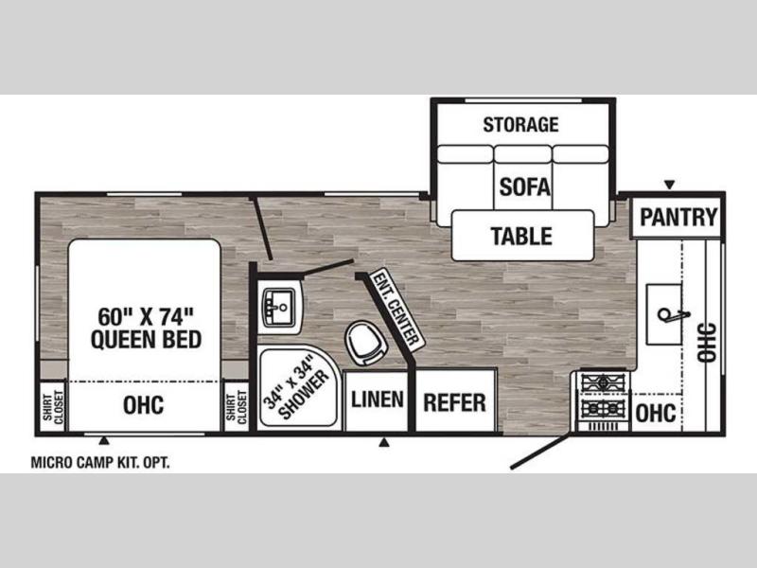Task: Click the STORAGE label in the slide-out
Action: pyautogui.click(x=520, y=125)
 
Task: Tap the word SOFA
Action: pyautogui.click(x=524, y=186)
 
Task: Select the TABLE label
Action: pyautogui.click(x=521, y=236)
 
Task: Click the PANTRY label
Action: pyautogui.click(x=678, y=217)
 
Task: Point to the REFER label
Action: pyautogui.click(x=454, y=403)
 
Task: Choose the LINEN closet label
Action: pyautogui.click(x=377, y=399)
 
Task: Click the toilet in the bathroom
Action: pyautogui.click(x=366, y=342)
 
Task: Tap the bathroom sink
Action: pyautogui.click(x=279, y=308)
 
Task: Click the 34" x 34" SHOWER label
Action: pyautogui.click(x=295, y=387)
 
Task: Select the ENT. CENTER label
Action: pyautogui.click(x=396, y=310)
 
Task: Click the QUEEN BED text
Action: pyautogui.click(x=146, y=339)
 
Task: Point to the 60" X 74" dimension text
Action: pyautogui.click(x=146, y=316)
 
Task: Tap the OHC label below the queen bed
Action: pyautogui.click(x=144, y=405)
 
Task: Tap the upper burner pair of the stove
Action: pyautogui.click(x=604, y=383)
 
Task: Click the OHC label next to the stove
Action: pyautogui.click(x=656, y=414)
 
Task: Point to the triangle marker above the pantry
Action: pyautogui.click(x=669, y=185)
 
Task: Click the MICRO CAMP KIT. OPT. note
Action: pyautogui.click(x=100, y=463)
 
